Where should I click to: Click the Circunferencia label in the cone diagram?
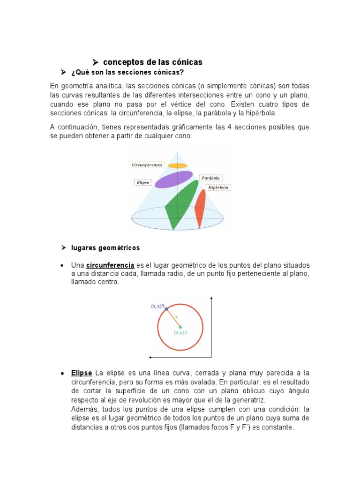click(x=146, y=165)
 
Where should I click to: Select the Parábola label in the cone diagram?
click(x=210, y=178)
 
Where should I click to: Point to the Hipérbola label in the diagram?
click(x=218, y=187)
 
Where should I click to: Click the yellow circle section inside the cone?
click(x=178, y=165)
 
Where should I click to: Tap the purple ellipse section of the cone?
click(x=173, y=179)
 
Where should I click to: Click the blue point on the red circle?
click(x=166, y=309)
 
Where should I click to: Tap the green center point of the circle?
click(x=180, y=327)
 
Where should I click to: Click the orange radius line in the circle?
click(x=173, y=318)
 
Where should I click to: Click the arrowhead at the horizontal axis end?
click(x=150, y=357)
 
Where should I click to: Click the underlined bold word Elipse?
click(x=82, y=373)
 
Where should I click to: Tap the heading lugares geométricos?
click(x=105, y=247)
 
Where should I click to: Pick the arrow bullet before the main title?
click(x=95, y=62)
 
